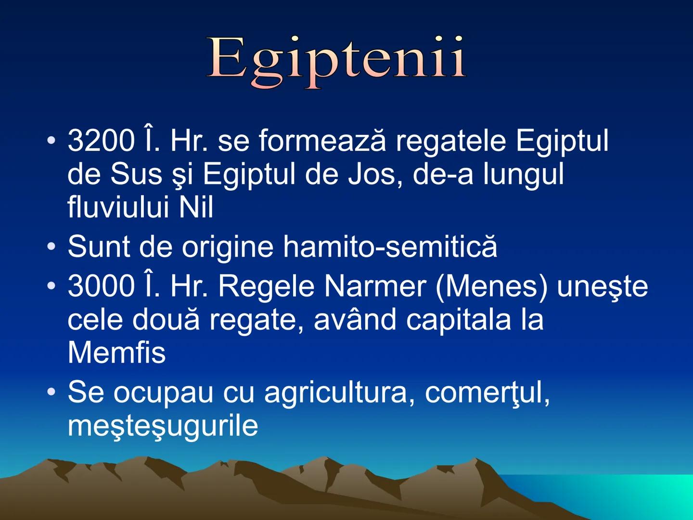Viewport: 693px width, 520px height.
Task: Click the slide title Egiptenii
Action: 337,60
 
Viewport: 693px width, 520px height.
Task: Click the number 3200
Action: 101,141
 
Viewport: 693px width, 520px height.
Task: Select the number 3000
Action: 101,286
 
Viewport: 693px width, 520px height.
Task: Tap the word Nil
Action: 196,208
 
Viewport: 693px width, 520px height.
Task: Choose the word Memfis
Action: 116,352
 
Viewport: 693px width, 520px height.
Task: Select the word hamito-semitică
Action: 390,247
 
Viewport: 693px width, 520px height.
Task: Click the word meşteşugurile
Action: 163,426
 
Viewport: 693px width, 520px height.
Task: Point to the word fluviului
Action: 118,208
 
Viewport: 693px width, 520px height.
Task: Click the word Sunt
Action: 99,247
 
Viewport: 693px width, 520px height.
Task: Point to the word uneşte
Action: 602,286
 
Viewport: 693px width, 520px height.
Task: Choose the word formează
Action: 322,141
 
